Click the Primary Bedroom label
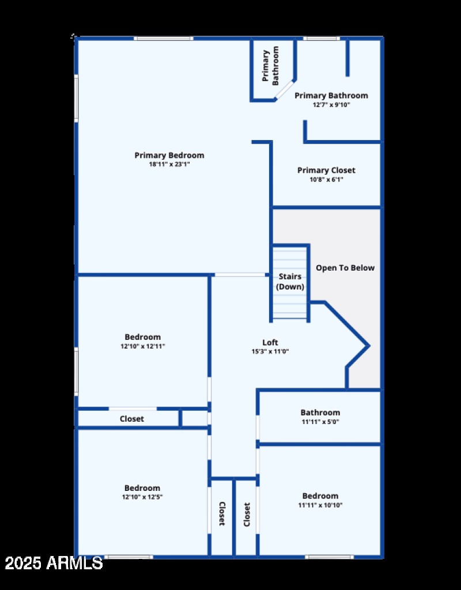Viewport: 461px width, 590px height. pos(169,155)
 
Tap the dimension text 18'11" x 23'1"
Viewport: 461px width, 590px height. pos(169,164)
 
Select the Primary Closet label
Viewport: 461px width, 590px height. pos(326,170)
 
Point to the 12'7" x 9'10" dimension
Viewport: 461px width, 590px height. pos(331,105)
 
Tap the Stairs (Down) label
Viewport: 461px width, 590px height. pos(290,282)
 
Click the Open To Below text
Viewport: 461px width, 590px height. pos(345,268)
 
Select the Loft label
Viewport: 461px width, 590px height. pos(270,342)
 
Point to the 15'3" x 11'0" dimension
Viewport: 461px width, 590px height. pos(270,351)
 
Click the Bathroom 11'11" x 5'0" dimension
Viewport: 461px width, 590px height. pos(320,422)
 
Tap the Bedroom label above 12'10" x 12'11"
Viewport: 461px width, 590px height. pos(142,337)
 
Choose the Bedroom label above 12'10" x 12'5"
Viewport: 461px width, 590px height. pos(142,488)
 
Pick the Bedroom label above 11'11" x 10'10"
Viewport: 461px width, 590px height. pos(320,496)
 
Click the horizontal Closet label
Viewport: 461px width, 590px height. pos(131,419)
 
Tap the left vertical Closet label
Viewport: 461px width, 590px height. pos(221,513)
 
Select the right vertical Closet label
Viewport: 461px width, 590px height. pos(247,515)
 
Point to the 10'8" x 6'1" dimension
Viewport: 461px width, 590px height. pos(326,179)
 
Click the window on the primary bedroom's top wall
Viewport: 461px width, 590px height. pos(163,39)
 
